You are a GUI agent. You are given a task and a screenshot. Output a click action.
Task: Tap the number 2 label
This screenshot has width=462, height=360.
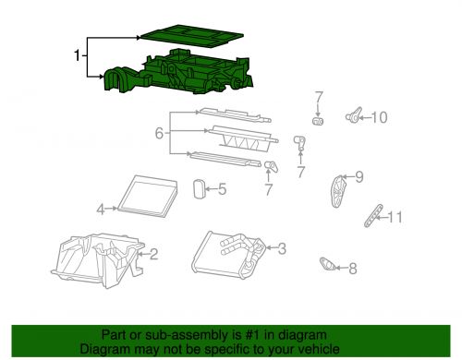coord(153,254)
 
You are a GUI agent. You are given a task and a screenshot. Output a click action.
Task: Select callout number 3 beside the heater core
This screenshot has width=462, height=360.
coord(282,247)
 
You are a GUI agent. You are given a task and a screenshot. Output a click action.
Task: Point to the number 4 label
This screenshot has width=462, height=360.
coord(100,210)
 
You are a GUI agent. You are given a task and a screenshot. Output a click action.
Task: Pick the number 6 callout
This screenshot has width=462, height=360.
coord(159,134)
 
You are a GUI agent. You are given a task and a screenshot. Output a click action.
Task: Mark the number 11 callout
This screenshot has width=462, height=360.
coord(395,217)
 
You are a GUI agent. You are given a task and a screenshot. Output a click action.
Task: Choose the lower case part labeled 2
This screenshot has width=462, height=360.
coord(97,258)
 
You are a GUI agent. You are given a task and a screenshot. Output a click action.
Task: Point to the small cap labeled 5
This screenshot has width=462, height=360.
coord(198,189)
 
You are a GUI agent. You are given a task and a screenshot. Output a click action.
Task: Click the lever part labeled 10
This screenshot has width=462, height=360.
coord(354,116)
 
